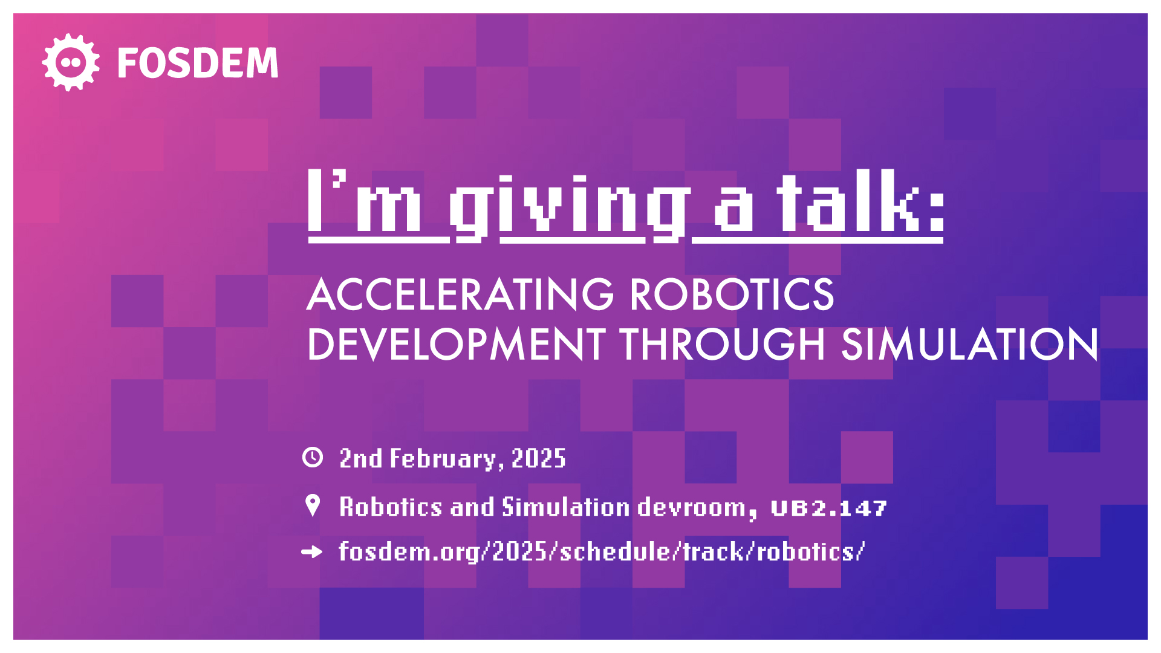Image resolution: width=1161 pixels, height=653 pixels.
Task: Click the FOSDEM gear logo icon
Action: (71, 62)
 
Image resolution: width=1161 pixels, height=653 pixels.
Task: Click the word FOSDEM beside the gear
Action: (198, 63)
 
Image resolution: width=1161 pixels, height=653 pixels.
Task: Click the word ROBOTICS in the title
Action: (732, 294)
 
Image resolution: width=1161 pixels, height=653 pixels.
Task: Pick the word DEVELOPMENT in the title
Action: (457, 344)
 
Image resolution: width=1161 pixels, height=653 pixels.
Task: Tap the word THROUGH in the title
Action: (723, 344)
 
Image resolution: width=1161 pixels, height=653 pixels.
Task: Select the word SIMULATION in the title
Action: (969, 344)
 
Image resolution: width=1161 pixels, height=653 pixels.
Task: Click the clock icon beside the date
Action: (313, 457)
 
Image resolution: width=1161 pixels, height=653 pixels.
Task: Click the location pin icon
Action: (313, 505)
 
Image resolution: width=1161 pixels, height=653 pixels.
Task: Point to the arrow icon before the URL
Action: (312, 551)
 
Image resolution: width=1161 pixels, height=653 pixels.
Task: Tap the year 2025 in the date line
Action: (539, 458)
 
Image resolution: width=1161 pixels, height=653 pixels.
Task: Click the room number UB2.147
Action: (829, 508)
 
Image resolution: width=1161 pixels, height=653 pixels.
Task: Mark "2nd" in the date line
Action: (361, 458)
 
